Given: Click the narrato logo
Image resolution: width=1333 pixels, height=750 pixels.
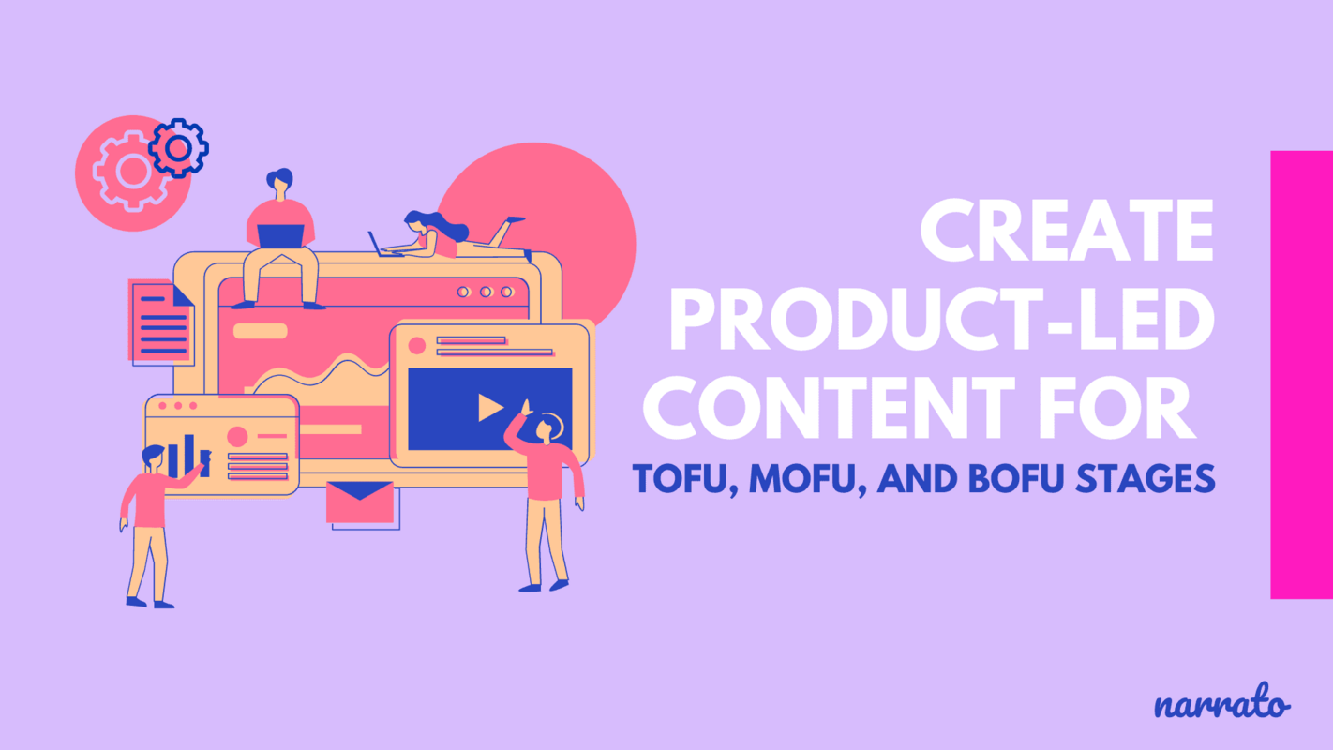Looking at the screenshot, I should (x=1221, y=705).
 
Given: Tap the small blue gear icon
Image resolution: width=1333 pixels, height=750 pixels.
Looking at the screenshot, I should (x=178, y=147).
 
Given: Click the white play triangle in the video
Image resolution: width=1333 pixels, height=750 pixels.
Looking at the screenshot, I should (x=489, y=407).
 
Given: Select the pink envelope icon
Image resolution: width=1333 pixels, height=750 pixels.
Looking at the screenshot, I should (x=360, y=502).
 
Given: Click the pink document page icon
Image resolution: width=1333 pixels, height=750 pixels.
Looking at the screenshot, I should (x=160, y=322).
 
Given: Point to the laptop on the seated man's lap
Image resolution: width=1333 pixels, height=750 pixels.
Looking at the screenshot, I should (x=280, y=236).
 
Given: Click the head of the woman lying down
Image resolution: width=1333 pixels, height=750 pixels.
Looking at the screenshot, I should (x=415, y=221).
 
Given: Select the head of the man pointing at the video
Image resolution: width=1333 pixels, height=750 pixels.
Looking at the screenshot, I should (x=545, y=428).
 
